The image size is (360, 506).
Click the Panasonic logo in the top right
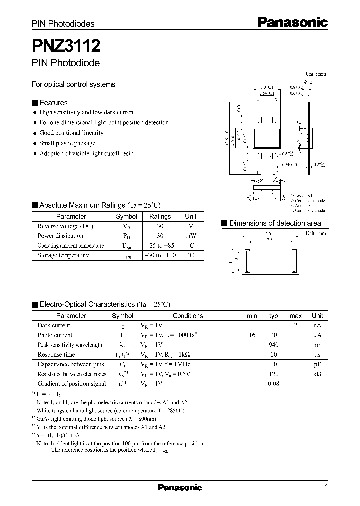click(292, 22)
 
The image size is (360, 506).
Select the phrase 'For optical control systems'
click(73, 84)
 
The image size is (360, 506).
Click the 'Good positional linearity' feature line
click(71, 133)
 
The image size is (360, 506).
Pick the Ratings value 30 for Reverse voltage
click(160, 226)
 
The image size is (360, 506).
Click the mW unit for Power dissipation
click(190, 236)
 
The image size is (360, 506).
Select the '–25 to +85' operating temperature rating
click(160, 246)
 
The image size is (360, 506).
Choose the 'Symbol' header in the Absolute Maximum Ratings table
click(126, 217)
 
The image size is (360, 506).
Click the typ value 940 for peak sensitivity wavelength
click(273, 345)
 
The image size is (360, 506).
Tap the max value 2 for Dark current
click(295, 325)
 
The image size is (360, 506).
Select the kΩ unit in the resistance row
click(317, 374)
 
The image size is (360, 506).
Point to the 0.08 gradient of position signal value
click(273, 384)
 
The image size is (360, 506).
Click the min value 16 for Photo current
click(252, 335)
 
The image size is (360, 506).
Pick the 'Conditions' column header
click(188, 316)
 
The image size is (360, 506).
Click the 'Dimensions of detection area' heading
click(275, 223)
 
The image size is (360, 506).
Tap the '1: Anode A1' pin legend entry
click(303, 196)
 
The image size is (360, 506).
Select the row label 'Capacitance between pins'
click(71, 364)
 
